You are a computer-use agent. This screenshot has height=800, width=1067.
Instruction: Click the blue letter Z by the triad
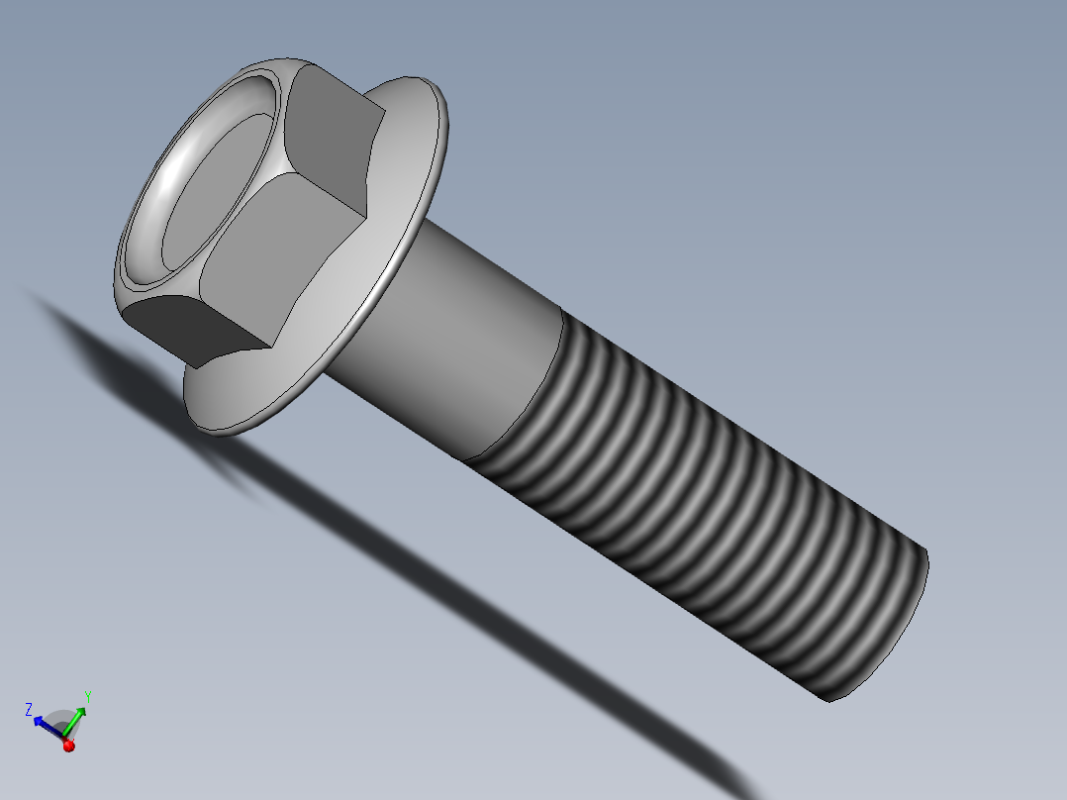30,708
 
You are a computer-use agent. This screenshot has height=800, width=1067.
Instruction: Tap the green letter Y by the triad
88,696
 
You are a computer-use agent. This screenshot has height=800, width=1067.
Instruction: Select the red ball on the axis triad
68,746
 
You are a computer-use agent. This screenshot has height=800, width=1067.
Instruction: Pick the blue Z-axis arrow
47,726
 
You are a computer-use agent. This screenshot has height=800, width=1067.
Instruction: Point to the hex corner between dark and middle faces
271,347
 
